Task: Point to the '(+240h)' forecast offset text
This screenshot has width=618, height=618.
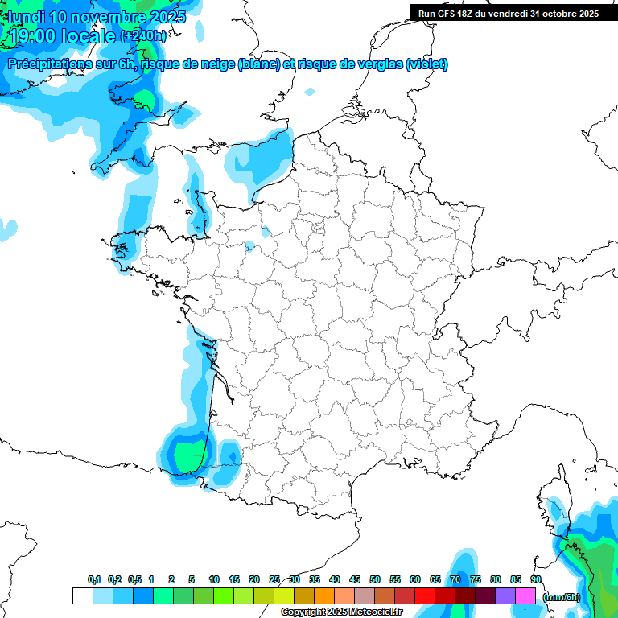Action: click(143, 36)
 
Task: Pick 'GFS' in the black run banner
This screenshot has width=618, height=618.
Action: click(455, 14)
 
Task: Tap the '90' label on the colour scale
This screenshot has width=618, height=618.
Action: click(536, 579)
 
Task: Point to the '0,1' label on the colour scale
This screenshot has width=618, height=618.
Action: click(94, 579)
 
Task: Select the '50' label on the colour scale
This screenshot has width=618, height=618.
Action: click(375, 579)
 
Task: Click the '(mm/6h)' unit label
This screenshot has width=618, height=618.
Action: click(562, 597)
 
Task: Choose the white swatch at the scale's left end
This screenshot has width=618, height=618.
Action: click(82, 596)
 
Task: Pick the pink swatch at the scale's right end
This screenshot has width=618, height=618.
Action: click(525, 596)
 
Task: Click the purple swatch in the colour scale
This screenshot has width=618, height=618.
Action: click(505, 596)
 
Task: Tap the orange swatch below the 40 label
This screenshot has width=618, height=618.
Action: click(324, 596)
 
